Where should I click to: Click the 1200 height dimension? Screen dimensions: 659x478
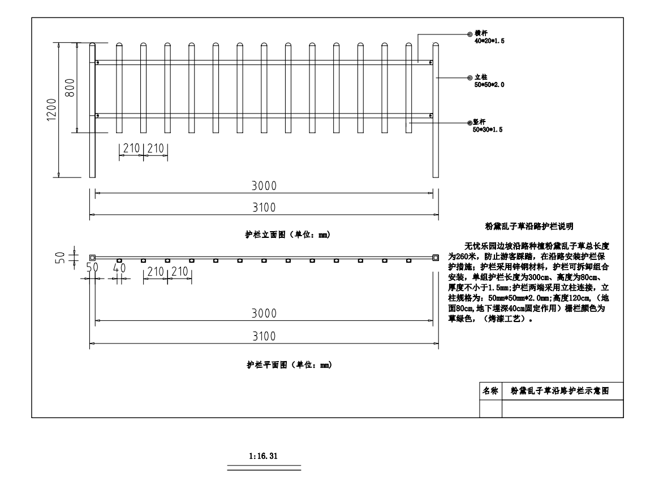tap(51, 110)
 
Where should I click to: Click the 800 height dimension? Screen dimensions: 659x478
tap(70, 88)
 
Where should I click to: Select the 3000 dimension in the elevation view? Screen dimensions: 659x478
tap(264, 185)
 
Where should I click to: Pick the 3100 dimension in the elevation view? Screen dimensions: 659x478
tap(264, 207)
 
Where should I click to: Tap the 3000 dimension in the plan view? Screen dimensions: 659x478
tap(264, 313)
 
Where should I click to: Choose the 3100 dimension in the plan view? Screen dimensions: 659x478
tap(264, 336)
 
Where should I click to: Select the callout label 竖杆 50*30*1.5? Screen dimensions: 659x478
tap(488, 126)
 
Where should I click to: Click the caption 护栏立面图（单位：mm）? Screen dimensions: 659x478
tap(288, 234)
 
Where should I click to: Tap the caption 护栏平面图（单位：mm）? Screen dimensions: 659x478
tap(289, 364)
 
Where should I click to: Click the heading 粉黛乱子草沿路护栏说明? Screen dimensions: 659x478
tap(529, 226)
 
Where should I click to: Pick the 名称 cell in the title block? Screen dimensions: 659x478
tap(490, 391)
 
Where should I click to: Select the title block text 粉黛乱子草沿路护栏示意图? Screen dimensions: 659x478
tap(560, 391)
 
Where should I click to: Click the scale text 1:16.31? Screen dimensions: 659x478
tap(264, 456)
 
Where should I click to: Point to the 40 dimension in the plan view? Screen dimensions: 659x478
tap(119, 267)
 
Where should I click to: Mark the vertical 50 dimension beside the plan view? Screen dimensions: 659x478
tap(60, 257)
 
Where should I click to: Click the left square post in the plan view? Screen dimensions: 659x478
tap(92, 258)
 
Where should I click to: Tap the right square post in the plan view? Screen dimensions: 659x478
tap(436, 258)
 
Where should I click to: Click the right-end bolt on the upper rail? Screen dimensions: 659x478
tap(430, 63)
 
